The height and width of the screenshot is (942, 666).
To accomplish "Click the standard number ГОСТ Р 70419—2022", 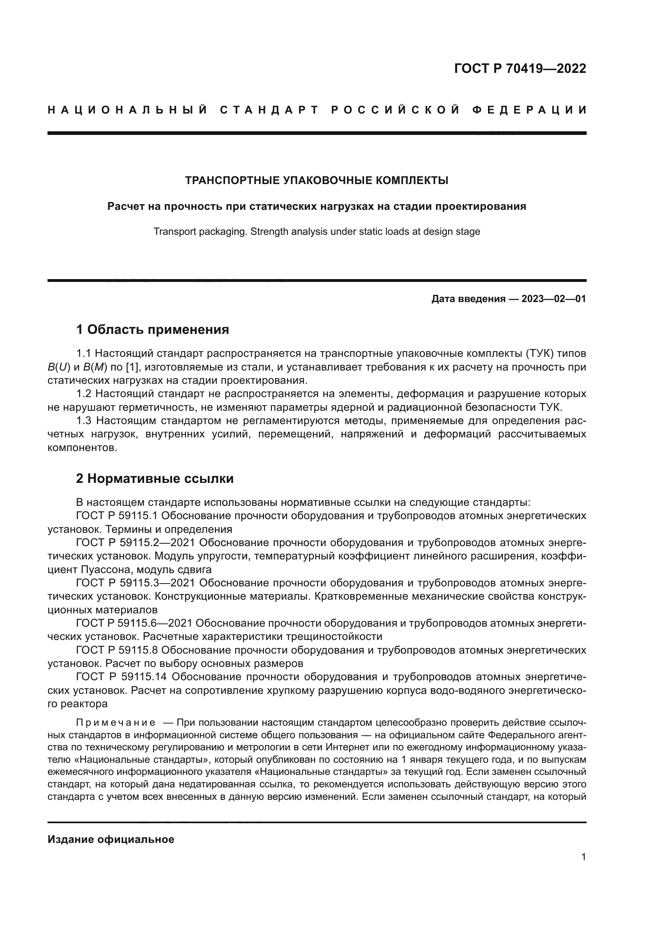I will (x=519, y=68).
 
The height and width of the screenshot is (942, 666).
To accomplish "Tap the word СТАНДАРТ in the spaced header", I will (x=269, y=110).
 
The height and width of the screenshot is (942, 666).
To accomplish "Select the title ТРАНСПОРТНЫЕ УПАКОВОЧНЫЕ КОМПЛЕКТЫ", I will (x=316, y=180).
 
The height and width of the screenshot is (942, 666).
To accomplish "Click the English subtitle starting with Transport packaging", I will (x=316, y=232).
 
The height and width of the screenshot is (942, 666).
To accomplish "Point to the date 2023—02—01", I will (x=554, y=299).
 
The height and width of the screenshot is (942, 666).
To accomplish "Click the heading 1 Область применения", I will (x=153, y=329).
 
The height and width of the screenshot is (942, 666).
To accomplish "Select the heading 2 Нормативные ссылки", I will (x=155, y=479).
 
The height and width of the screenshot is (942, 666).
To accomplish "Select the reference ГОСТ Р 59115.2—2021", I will (x=137, y=543).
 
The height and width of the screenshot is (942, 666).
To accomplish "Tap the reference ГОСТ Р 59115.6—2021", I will (x=134, y=623).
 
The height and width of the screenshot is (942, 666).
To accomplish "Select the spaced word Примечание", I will (x=116, y=723).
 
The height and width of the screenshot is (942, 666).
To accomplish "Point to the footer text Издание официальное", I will (x=111, y=839).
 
